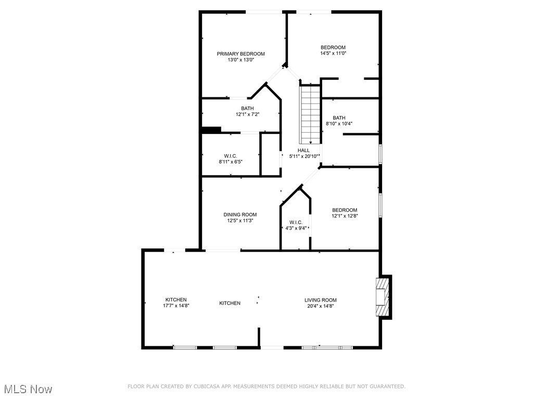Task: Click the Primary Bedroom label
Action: [x=240, y=54]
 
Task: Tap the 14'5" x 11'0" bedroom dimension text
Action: [x=333, y=53]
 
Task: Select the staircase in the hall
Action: [x=310, y=115]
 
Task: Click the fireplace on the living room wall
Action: [x=384, y=297]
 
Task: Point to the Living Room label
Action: [x=321, y=300]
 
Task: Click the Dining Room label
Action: [x=240, y=215]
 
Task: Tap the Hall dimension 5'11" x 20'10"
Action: [x=304, y=156]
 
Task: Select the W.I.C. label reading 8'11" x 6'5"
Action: [x=231, y=161]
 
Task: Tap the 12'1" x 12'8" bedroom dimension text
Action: [x=345, y=216]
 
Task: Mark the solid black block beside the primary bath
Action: [x=211, y=130]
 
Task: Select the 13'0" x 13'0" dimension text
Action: [x=240, y=60]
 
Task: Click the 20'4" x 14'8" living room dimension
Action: [x=321, y=306]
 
